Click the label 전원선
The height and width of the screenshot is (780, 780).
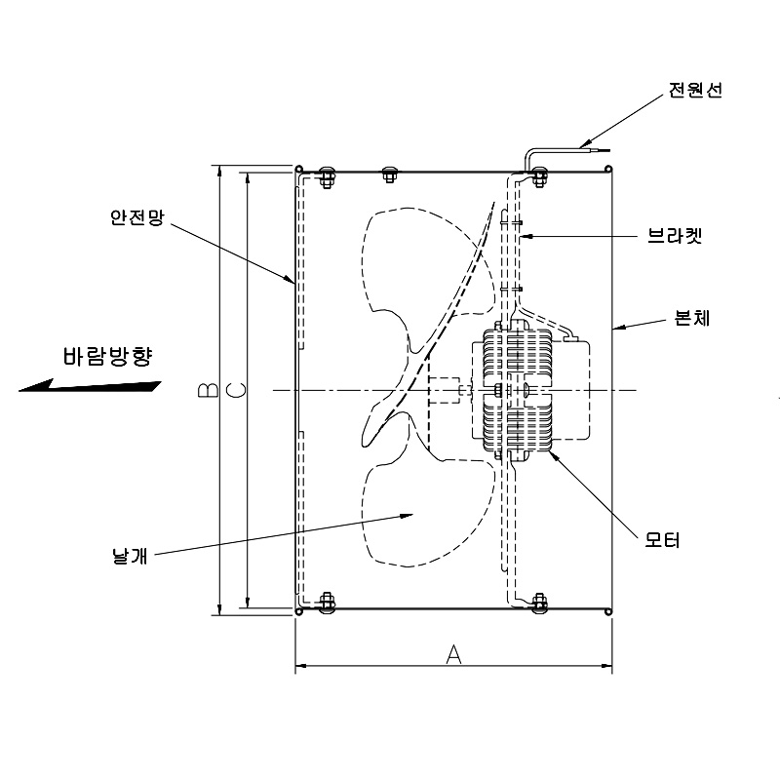coord(694,91)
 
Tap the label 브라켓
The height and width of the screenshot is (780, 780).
coord(675,236)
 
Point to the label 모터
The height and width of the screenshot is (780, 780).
coord(663,539)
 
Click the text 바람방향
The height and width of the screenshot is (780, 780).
coord(107,356)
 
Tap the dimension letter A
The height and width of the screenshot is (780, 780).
coord(453,653)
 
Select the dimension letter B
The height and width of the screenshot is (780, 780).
coord(207,390)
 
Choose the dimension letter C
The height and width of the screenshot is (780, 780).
coord(235,390)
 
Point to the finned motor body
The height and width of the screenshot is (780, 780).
coord(517,391)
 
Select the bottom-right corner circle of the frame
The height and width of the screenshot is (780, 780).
coord(609,612)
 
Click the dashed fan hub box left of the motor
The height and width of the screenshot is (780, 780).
coord(444,390)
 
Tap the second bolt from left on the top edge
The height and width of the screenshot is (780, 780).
coord(390,175)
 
